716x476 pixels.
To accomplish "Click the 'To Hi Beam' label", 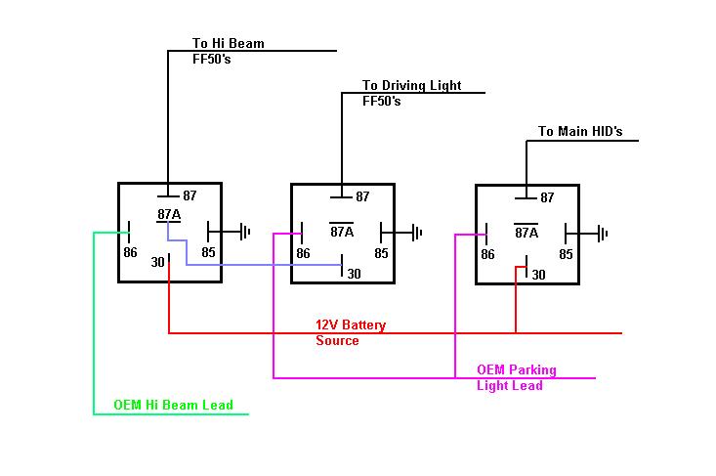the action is click(x=229, y=43).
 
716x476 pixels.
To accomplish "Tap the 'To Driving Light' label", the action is click(x=412, y=85).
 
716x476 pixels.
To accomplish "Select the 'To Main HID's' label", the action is click(x=580, y=132).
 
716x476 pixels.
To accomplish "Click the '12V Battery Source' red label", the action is click(x=351, y=332).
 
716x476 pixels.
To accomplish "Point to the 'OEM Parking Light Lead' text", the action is click(x=517, y=377).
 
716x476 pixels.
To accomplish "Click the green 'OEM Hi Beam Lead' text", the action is click(x=173, y=405).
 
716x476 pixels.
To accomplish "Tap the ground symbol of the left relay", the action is click(x=245, y=232).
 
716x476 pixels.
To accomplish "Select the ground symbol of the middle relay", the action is click(x=417, y=233).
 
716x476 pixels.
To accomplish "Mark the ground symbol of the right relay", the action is click(x=603, y=234).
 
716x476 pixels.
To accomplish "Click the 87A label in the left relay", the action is click(x=169, y=214).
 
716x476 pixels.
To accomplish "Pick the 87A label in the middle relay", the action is click(x=342, y=232).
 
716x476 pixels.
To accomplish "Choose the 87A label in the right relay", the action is click(x=526, y=233).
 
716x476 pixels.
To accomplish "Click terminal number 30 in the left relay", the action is click(x=157, y=262).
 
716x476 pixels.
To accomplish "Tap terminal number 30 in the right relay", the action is click(x=538, y=275).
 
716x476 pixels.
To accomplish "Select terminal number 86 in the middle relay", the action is click(x=303, y=253).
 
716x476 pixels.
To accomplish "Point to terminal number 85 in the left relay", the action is click(x=208, y=252).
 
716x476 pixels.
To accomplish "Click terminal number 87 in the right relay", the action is click(x=547, y=197).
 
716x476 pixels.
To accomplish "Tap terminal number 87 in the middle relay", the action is click(x=362, y=196).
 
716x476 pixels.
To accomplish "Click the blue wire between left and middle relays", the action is click(x=256, y=265).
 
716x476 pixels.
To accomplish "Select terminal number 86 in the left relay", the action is click(x=130, y=252).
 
